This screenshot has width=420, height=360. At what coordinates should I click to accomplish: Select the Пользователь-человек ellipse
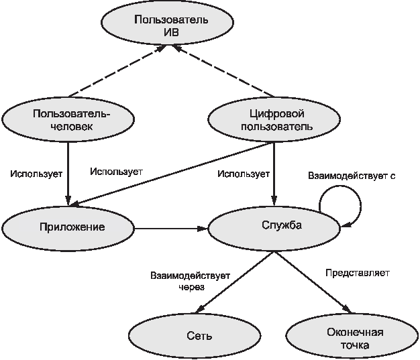pyautogui.click(x=68, y=119)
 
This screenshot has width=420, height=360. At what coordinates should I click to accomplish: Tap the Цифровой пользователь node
pyautogui.click(x=274, y=119)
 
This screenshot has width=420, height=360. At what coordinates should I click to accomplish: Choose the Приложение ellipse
pyautogui.click(x=68, y=229)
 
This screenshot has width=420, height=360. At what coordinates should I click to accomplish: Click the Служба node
pyautogui.click(x=274, y=229)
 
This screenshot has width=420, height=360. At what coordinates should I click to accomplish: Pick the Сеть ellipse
pyautogui.click(x=195, y=335)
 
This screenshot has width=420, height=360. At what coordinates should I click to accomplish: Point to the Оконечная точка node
pyautogui.click(x=352, y=335)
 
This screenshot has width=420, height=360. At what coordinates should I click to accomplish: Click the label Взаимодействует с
pyautogui.click(x=352, y=176)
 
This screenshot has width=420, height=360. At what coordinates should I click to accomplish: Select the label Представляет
pyautogui.click(x=358, y=273)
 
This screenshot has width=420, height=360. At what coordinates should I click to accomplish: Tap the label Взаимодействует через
pyautogui.click(x=190, y=281)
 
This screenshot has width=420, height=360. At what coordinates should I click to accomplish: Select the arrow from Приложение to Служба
pyautogui.click(x=171, y=229)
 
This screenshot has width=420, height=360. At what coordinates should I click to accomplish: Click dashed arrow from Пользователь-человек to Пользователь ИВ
pyautogui.click(x=116, y=71)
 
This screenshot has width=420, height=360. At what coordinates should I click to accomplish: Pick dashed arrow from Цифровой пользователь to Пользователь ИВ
pyautogui.click(x=223, y=70)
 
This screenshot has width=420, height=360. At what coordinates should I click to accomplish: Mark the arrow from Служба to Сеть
pyautogui.click(x=235, y=282)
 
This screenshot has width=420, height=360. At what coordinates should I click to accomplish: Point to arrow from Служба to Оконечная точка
pyautogui.click(x=313, y=282)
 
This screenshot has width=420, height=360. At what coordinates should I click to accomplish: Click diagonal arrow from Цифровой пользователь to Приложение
pyautogui.click(x=172, y=174)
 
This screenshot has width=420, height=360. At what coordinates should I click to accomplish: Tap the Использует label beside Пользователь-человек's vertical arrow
pyautogui.click(x=36, y=174)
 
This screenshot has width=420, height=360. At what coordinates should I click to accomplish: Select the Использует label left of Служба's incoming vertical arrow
pyautogui.click(x=244, y=174)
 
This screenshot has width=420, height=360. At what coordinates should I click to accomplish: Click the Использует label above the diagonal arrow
pyautogui.click(x=116, y=172)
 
